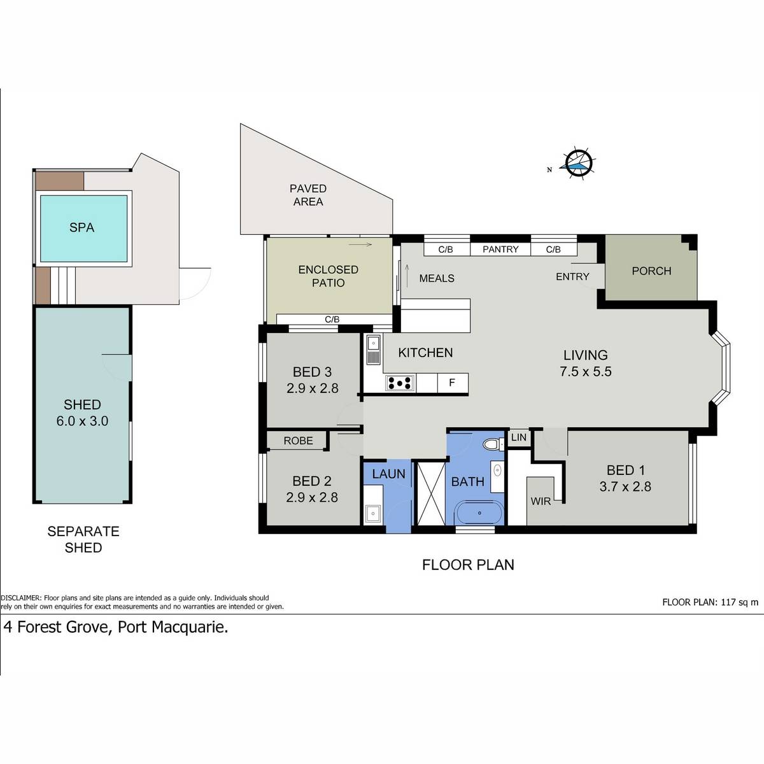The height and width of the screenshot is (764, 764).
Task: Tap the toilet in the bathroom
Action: click(x=493, y=444)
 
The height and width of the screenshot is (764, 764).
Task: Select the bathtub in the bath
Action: click(x=480, y=513)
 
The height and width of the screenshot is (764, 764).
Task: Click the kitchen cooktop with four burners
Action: click(x=400, y=383)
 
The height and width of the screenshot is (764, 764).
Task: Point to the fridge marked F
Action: click(x=453, y=383)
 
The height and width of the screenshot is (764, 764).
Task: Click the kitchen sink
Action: click(x=373, y=349)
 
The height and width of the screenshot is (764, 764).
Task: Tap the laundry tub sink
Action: click(x=373, y=514)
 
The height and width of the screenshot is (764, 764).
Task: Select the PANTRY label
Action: click(x=500, y=250)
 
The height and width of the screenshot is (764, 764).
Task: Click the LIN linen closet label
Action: click(x=519, y=437)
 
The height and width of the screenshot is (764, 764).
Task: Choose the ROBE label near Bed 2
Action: click(x=298, y=441)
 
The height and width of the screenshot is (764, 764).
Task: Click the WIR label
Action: click(x=541, y=501)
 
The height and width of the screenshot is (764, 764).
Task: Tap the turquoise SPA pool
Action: click(x=83, y=229)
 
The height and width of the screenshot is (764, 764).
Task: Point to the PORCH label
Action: click(x=651, y=271)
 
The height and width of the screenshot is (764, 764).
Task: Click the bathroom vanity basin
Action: click(x=497, y=470)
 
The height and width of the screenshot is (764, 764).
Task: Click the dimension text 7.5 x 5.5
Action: click(x=586, y=371)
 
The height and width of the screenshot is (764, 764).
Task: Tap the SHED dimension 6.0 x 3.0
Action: click(x=83, y=421)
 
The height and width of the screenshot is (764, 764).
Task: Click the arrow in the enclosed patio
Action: click(x=360, y=244)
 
